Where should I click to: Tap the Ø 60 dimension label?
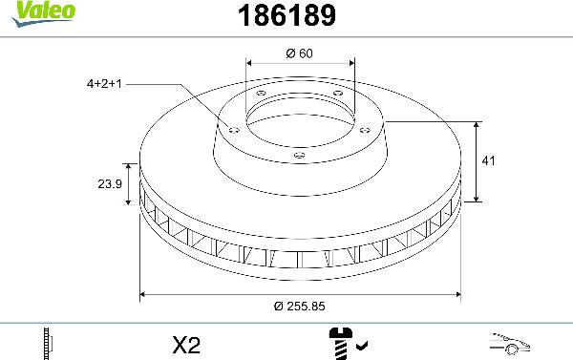[299, 53]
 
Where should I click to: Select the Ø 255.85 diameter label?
[299, 306]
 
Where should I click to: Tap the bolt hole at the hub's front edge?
[299, 155]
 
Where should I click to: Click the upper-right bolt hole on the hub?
[337, 93]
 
